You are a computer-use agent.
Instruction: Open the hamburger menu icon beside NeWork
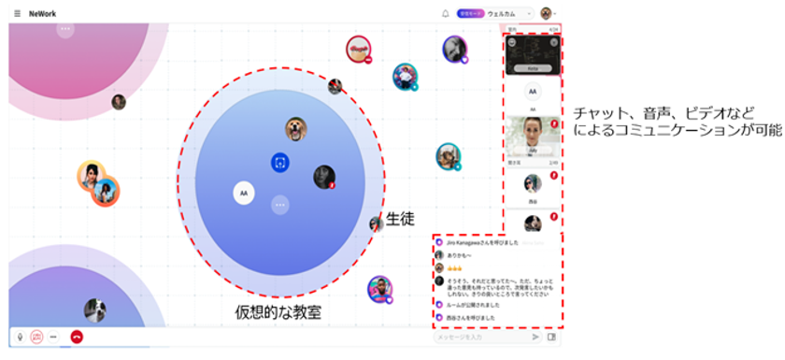click(17, 13)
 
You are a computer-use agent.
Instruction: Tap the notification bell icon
click(445, 13)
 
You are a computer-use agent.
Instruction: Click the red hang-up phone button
click(77, 336)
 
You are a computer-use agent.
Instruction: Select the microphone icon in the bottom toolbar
click(20, 336)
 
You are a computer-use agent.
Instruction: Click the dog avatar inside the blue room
click(296, 130)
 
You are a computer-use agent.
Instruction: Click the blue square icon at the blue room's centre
click(279, 163)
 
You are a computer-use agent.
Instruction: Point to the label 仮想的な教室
click(278, 312)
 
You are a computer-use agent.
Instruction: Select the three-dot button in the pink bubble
click(64, 30)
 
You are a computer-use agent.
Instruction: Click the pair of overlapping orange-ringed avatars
click(98, 183)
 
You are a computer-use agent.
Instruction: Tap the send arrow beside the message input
click(535, 337)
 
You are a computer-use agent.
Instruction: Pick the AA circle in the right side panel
click(532, 92)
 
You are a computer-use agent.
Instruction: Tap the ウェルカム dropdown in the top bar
click(509, 13)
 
